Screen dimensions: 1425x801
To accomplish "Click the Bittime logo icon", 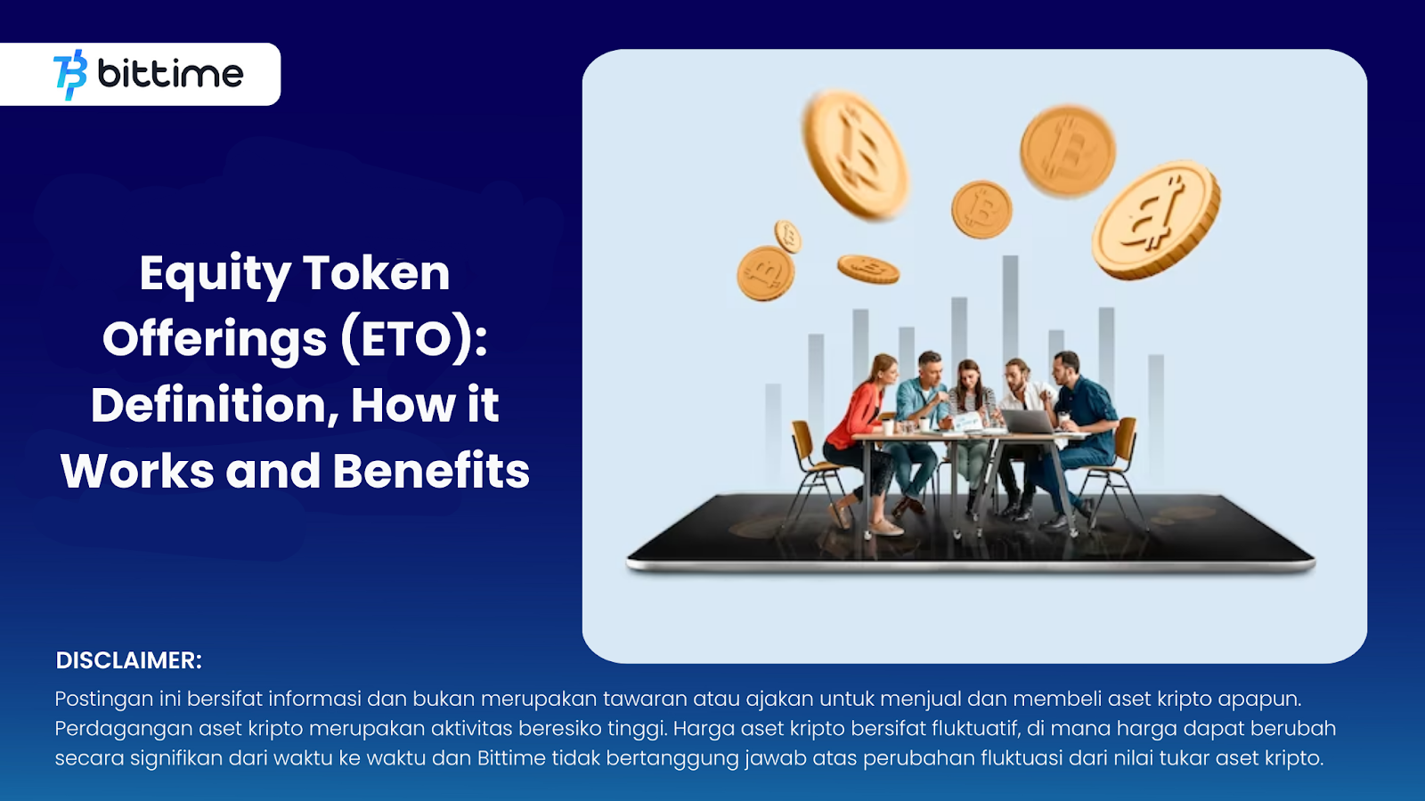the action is (x=70, y=75).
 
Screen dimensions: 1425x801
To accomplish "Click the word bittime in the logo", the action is (x=170, y=74).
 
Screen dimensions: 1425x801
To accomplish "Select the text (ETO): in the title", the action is (x=414, y=339).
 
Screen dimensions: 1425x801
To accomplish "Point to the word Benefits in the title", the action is (x=431, y=471).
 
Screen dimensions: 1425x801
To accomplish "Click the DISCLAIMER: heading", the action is (x=128, y=660).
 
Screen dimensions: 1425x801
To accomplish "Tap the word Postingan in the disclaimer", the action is (x=103, y=700).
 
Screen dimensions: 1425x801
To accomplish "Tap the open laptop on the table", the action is (x=1028, y=422).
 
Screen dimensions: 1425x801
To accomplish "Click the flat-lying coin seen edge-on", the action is (x=867, y=270).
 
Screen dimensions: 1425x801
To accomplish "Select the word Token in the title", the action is (x=376, y=273).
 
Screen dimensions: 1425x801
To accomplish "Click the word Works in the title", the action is (x=137, y=471).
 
